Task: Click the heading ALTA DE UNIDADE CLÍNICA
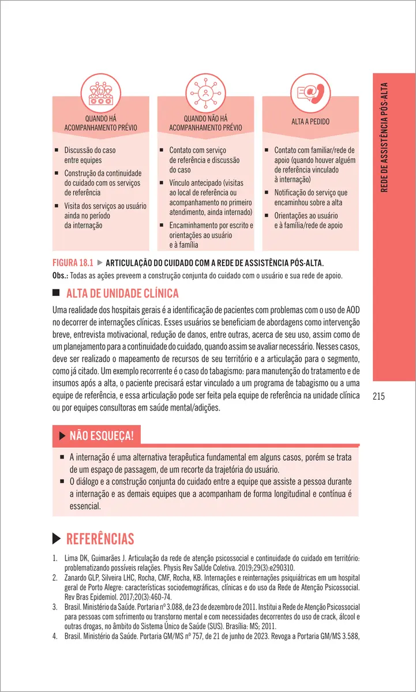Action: click(x=123, y=293)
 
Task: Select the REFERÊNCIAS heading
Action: click(x=100, y=539)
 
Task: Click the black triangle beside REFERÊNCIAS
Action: click(x=57, y=539)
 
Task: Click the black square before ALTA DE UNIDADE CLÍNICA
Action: click(x=56, y=293)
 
